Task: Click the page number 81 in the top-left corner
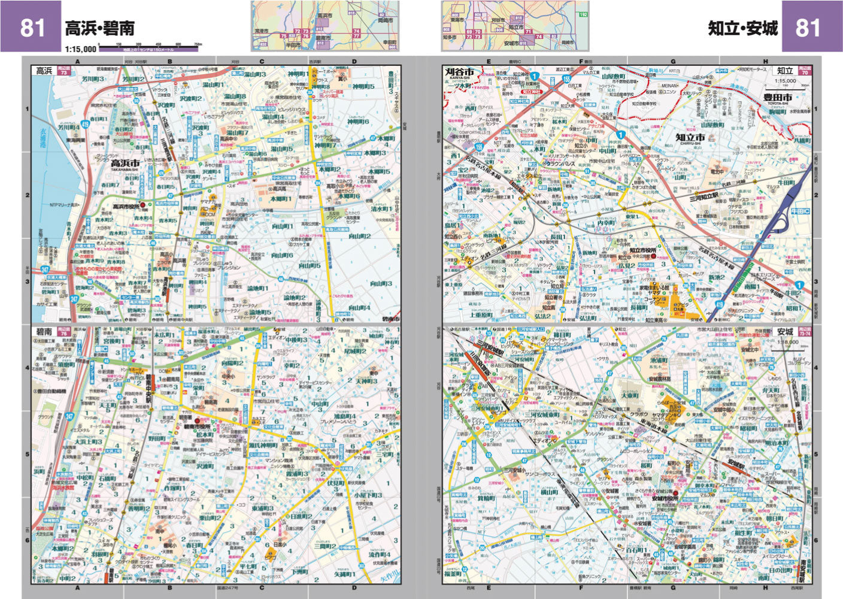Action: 32,28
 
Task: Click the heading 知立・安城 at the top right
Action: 743,28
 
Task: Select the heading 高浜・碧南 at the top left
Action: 99,28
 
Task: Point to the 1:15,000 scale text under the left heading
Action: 80,49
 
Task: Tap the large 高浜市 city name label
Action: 125,164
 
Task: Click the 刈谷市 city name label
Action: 460,72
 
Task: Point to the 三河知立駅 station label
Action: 703,196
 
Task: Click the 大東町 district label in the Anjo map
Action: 629,396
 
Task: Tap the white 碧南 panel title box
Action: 44,331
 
